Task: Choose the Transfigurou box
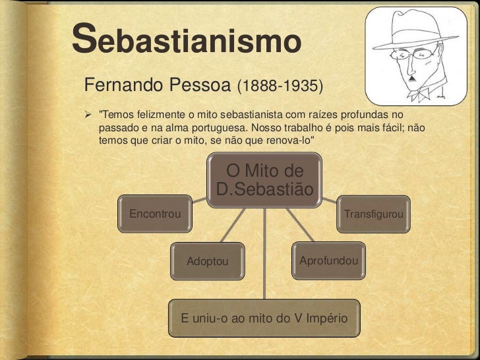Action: point(374,214)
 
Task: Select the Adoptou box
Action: point(207,261)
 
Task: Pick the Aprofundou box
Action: point(328,260)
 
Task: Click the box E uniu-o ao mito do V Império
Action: point(264,318)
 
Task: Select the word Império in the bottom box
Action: point(324,318)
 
